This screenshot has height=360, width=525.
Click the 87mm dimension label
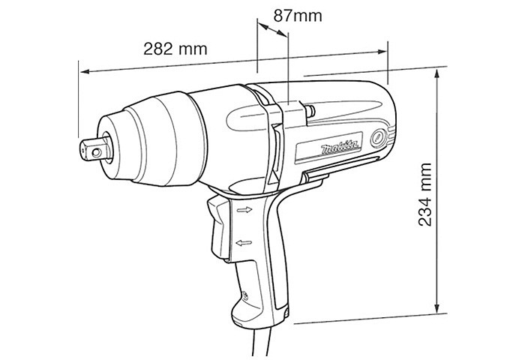(x=298, y=16)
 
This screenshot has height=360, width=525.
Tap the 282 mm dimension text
(x=175, y=49)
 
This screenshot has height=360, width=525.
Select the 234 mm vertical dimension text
(x=425, y=194)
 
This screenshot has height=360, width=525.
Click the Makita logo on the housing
(x=340, y=147)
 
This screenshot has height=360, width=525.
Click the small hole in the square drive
(x=97, y=153)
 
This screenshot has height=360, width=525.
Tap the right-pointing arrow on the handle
(x=244, y=210)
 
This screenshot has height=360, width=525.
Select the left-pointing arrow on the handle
(x=244, y=242)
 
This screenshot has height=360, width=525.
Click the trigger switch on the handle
(x=218, y=228)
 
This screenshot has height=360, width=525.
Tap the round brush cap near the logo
(x=379, y=138)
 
